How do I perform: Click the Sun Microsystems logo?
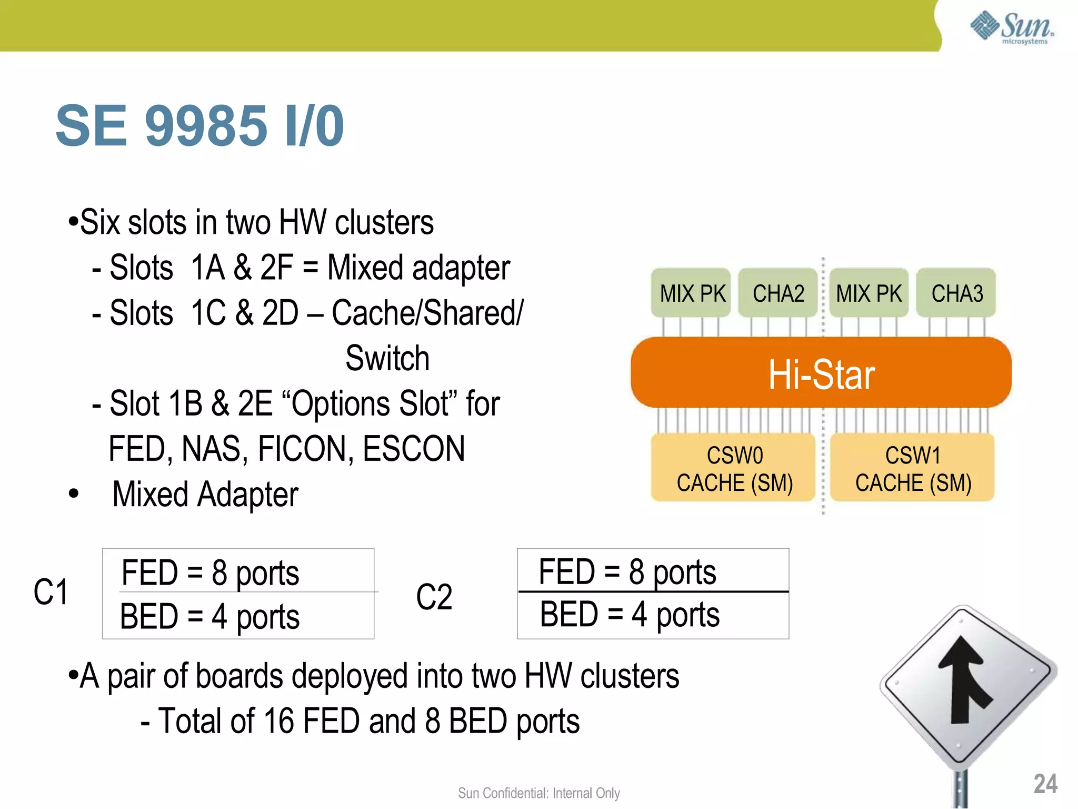point(1012,27)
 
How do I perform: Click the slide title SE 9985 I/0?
point(199,126)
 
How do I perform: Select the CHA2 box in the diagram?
point(778,293)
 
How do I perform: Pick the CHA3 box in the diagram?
point(956,293)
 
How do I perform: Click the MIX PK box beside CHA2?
point(692,293)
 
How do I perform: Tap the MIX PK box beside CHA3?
point(869,293)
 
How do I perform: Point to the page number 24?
point(1045,783)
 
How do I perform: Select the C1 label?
point(51,592)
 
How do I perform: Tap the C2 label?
point(434,597)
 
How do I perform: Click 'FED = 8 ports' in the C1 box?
point(210,573)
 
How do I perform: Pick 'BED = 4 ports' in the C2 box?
point(630,615)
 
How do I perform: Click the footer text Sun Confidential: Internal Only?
point(538,793)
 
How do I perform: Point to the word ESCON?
point(414,449)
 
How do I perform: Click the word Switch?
point(387,359)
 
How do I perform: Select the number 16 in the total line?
point(278,721)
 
